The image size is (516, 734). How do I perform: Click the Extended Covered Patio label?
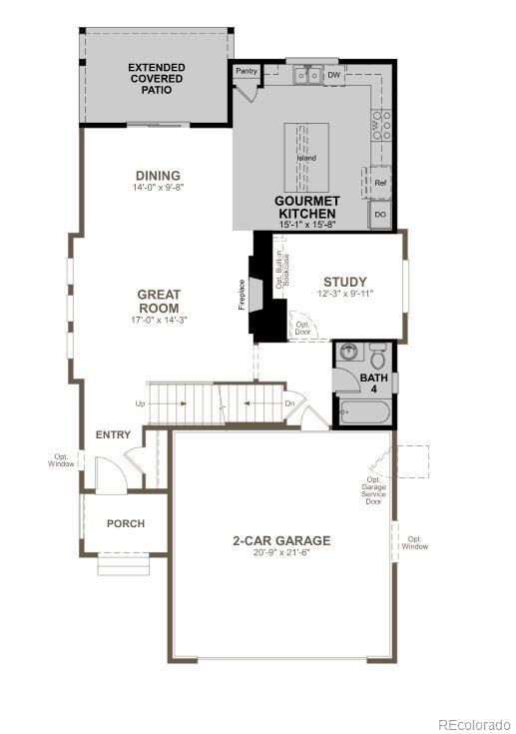156,79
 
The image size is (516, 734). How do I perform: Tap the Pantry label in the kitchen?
247,72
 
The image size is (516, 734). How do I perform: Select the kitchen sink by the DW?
306,75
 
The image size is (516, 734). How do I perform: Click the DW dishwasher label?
334,74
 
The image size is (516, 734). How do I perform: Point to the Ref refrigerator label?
380,183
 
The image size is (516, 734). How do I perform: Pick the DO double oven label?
380,214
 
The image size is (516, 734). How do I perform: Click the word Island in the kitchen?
306,159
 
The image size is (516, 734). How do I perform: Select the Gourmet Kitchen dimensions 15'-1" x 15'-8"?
307,226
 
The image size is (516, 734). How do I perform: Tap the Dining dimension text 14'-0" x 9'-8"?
158,187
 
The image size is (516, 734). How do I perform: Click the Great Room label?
158,301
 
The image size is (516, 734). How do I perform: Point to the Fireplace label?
242,294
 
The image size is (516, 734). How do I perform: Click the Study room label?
344,282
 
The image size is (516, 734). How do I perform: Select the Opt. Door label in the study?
300,328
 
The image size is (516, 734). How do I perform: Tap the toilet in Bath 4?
378,357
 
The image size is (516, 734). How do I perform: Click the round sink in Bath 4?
348,353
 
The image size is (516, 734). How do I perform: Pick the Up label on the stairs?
141,403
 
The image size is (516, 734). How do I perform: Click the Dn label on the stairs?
288,403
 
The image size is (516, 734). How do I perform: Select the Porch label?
126,523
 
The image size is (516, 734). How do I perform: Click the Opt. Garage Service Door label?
374,490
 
